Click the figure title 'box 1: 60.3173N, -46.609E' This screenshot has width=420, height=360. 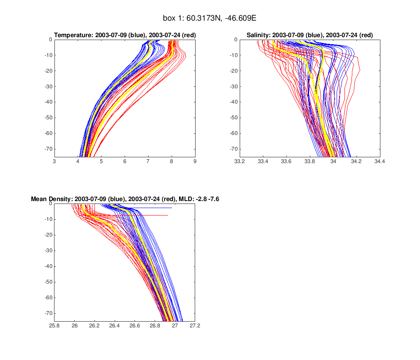(210, 19)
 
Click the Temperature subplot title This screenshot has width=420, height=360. (125, 36)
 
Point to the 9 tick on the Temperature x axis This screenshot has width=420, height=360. (195, 161)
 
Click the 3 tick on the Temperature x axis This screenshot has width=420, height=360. (54, 161)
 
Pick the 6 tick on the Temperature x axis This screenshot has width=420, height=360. (125, 161)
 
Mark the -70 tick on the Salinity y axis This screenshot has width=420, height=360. (231, 149)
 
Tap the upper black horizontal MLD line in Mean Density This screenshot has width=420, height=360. (157, 208)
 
